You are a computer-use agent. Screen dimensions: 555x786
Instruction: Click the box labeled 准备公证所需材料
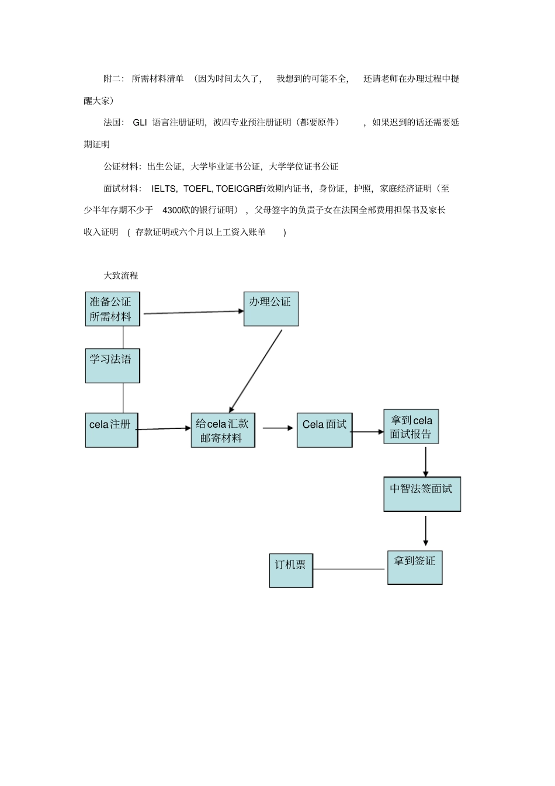(113, 309)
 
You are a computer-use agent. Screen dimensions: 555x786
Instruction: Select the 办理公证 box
(271, 309)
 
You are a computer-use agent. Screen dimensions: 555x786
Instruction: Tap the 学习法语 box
(113, 366)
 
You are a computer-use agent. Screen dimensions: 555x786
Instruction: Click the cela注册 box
(112, 430)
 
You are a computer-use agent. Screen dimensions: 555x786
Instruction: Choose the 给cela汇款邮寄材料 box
(223, 430)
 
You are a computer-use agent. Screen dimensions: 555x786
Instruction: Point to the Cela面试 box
(325, 430)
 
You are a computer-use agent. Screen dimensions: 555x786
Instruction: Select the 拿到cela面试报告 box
(411, 427)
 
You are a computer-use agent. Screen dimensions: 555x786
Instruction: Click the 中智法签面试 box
(422, 494)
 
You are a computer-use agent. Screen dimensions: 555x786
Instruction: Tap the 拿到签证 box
(415, 567)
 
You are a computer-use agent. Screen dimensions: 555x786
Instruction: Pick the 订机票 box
(291, 570)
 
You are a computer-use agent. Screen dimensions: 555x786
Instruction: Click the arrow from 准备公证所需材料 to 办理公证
(193, 312)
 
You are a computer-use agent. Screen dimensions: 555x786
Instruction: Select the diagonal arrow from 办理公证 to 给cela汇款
(255, 371)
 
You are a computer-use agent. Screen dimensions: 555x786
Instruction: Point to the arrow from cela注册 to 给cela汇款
(163, 428)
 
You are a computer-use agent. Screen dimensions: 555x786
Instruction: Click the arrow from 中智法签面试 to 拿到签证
(425, 531)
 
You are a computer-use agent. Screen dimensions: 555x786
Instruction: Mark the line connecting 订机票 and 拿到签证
(349, 569)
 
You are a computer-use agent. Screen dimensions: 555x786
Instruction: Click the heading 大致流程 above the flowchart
(121, 275)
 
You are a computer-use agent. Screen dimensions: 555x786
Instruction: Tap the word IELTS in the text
(163, 189)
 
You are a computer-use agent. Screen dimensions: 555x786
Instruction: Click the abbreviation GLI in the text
(140, 123)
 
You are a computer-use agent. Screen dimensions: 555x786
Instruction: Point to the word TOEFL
(197, 189)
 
